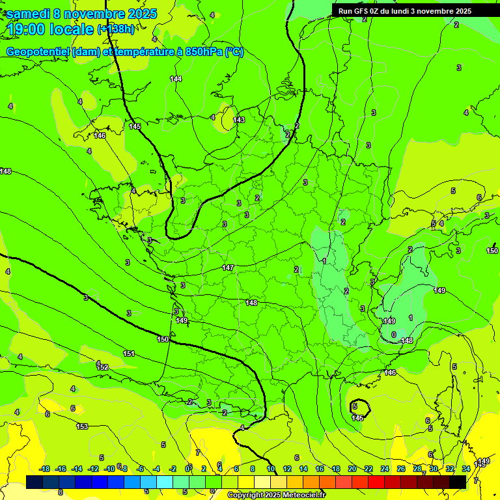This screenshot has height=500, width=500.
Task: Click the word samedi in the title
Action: click(30, 14)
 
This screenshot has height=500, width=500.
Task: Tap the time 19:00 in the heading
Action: click(29, 29)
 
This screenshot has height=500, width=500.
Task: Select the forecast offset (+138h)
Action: click(116, 29)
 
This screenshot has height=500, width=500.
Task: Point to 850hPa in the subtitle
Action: click(204, 52)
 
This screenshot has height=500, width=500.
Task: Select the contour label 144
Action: click(176, 79)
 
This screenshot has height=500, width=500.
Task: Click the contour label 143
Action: click(239, 120)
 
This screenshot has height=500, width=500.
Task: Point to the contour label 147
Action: click(228, 268)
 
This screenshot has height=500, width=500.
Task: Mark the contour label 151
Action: click(129, 354)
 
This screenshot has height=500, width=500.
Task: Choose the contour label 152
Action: click(102, 367)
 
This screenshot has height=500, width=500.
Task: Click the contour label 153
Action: click(82, 426)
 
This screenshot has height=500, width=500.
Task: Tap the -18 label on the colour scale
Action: click(44, 469)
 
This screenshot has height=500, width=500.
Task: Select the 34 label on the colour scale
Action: click(466, 469)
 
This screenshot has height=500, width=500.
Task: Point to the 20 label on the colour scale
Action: click(352, 469)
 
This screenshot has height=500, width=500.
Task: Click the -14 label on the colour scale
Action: click(77, 469)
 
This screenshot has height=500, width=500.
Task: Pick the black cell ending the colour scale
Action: click(458, 482)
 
